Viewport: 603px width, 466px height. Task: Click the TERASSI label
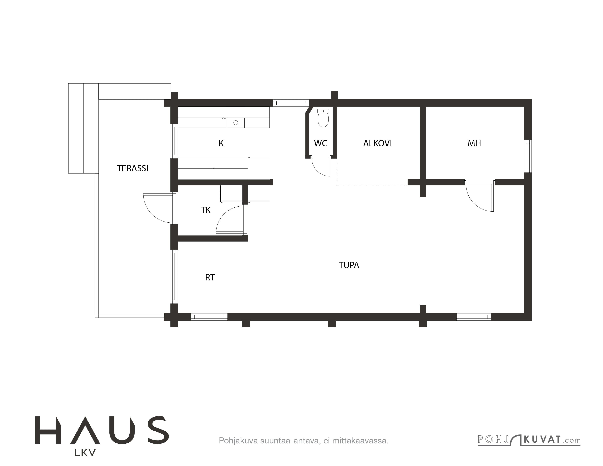[133, 168]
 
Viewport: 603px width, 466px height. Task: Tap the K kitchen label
[221, 143]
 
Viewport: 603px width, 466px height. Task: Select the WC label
[321, 143]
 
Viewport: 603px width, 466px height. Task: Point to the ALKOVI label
[377, 143]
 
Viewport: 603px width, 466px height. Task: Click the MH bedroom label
[474, 143]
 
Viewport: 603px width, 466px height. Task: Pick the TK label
[206, 210]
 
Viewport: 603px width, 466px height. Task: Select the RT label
[210, 277]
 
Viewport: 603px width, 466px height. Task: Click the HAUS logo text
[102, 434]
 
